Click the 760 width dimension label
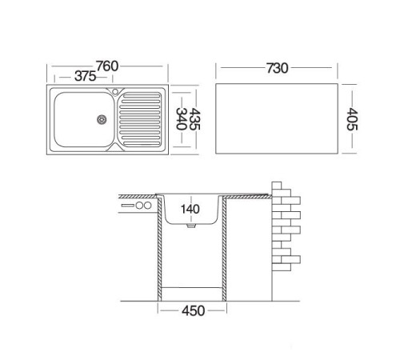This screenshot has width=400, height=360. pyautogui.click(x=107, y=66)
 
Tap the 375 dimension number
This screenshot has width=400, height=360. pyautogui.click(x=85, y=77)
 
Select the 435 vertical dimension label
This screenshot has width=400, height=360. pyautogui.click(x=194, y=119)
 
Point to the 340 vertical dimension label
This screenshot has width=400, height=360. pyautogui.click(x=182, y=118)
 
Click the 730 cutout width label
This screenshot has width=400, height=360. pyautogui.click(x=278, y=68)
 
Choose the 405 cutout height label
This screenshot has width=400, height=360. pyautogui.click(x=352, y=119)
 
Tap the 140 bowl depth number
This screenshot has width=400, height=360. pyautogui.click(x=190, y=209)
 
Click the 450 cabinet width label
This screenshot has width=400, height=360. pyautogui.click(x=194, y=311)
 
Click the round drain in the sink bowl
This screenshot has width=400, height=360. pyautogui.click(x=102, y=119)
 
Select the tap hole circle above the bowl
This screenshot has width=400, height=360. pyautogui.click(x=115, y=92)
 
